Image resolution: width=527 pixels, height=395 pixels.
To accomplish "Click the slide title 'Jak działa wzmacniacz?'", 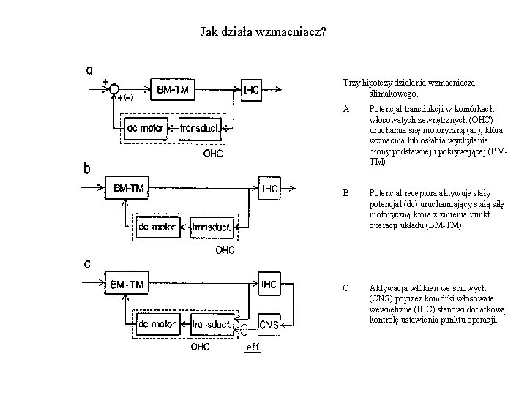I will pos(263,33).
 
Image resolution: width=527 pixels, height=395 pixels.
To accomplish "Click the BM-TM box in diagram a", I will pos(174,90).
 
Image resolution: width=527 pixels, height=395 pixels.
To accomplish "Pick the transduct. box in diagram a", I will pos(200,129).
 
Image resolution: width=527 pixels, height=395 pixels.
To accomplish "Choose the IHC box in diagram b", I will pos(270,188).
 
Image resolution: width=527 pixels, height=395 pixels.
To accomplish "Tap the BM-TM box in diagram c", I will pos(127,284).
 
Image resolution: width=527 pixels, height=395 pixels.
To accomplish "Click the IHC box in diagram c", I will pos(269,284).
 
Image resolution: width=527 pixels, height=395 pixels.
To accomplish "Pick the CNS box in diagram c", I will pos(269,323).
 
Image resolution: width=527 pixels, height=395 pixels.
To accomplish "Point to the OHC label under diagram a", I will pos(213,154).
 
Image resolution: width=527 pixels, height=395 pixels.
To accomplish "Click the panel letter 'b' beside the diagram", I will pos(87,168).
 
